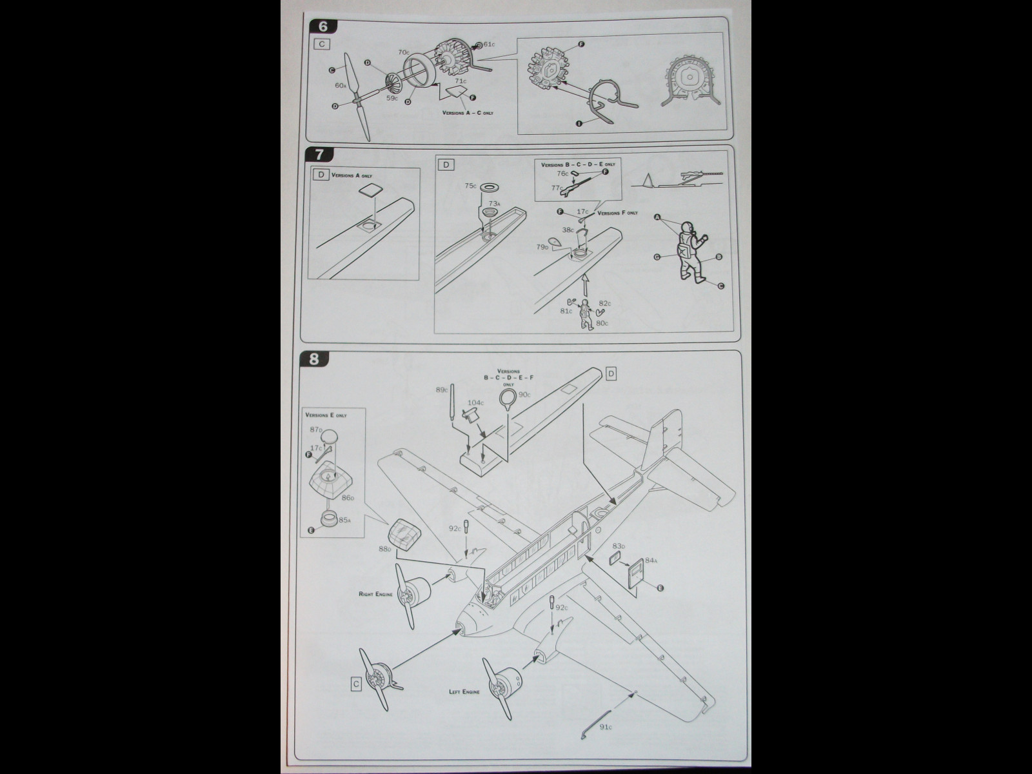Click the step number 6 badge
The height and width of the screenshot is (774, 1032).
[314, 26]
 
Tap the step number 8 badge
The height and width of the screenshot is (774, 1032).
[314, 359]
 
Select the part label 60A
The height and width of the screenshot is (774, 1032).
[341, 85]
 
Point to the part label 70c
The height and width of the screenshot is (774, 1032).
[403, 52]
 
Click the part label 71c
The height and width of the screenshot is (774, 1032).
[460, 81]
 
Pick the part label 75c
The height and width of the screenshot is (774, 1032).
[471, 186]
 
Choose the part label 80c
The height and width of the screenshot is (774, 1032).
[603, 322]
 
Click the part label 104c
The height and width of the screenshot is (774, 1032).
[475, 402]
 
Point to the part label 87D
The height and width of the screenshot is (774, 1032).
[316, 429]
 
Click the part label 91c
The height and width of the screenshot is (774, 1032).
[604, 728]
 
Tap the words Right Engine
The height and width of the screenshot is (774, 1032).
[375, 593]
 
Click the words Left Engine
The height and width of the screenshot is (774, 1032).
[464, 691]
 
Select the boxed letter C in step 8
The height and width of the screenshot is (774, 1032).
[356, 684]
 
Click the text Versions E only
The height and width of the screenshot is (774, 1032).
[326, 415]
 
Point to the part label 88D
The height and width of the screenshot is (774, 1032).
[384, 549]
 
